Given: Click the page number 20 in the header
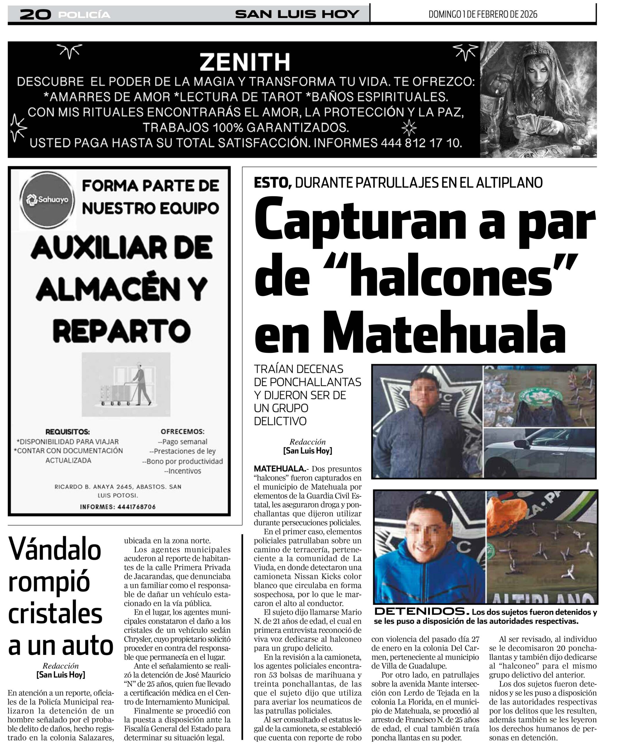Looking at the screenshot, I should click(x=35, y=15).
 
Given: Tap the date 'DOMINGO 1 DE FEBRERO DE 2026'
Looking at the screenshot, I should click(x=482, y=15).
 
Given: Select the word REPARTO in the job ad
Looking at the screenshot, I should click(x=122, y=330).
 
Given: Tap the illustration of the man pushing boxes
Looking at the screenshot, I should click(x=127, y=384).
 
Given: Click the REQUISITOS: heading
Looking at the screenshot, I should click(x=67, y=432).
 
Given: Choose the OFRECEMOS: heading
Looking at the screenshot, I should click(x=183, y=432).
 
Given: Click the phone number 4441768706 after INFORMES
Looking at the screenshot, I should click(x=136, y=507).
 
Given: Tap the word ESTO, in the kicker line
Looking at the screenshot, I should click(x=272, y=183).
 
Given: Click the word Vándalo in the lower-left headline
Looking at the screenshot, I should click(x=55, y=550).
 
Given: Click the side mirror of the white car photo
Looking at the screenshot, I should click(x=521, y=443).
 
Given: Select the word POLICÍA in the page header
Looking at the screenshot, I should click(x=84, y=15).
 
